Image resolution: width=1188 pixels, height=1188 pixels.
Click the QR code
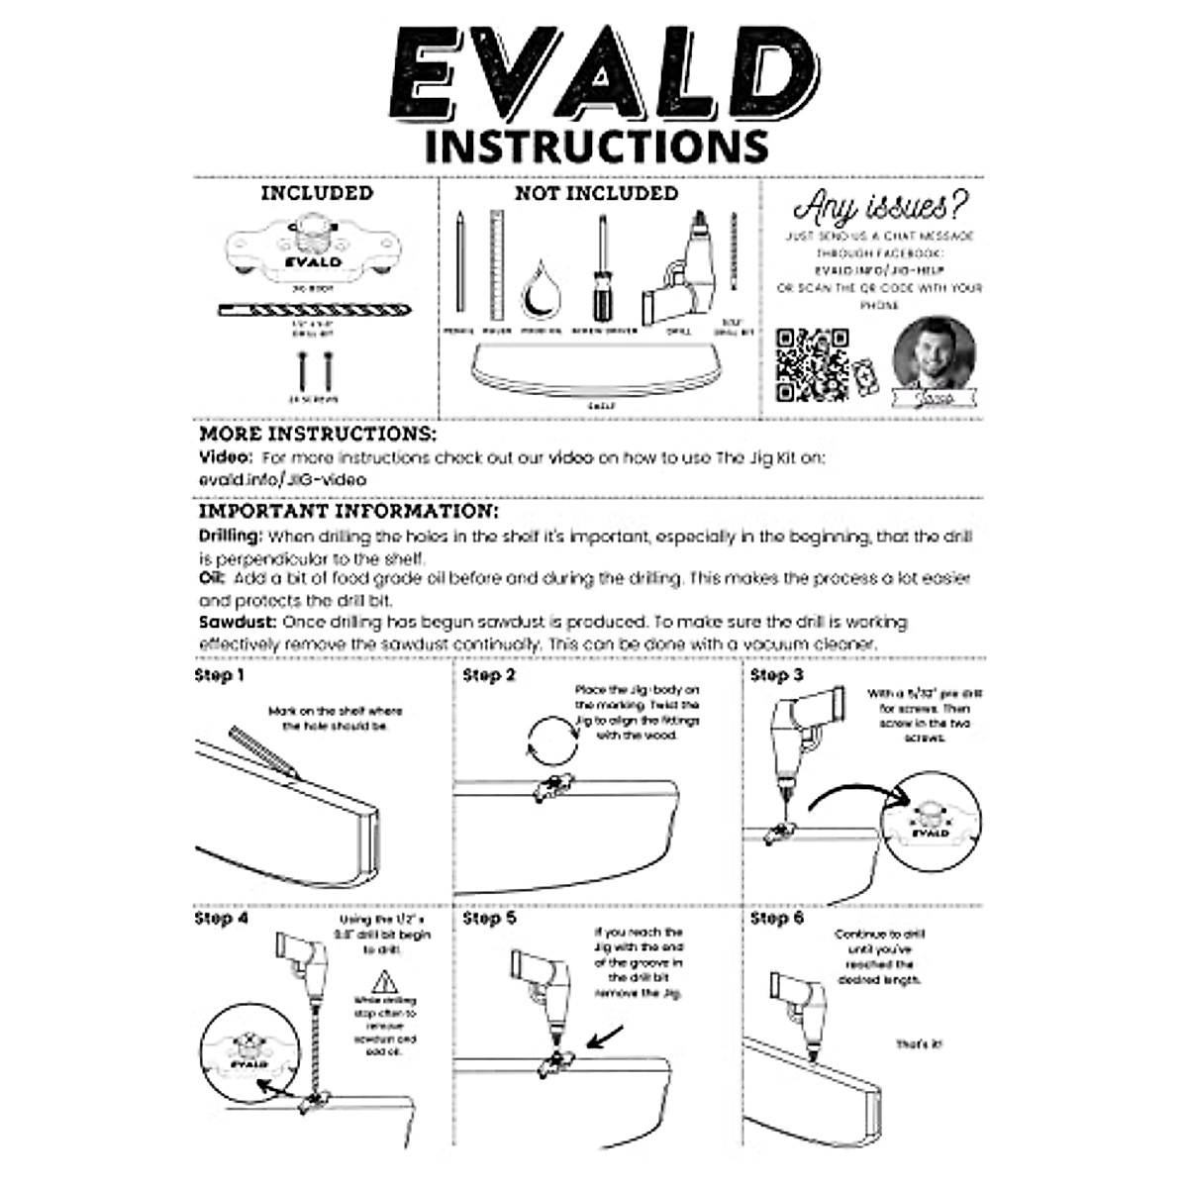click(811, 363)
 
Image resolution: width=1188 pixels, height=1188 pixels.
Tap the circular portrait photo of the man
click(934, 353)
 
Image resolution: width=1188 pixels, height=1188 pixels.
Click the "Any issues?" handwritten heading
click(880, 208)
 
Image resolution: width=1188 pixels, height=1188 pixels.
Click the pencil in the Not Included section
click(460, 261)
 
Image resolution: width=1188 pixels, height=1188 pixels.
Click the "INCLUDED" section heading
click(317, 194)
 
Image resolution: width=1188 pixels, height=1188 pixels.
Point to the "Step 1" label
click(220, 676)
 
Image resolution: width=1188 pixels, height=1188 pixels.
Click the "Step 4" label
click(220, 919)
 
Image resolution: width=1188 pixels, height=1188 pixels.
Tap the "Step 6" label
click(777, 919)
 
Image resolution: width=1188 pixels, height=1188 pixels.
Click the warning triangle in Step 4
click(383, 983)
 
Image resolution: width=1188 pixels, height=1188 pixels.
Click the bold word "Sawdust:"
click(239, 623)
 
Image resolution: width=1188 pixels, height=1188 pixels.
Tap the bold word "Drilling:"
click(232, 537)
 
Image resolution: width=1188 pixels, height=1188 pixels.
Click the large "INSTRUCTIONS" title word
click(597, 146)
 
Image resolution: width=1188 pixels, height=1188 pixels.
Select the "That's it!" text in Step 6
click(920, 1044)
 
